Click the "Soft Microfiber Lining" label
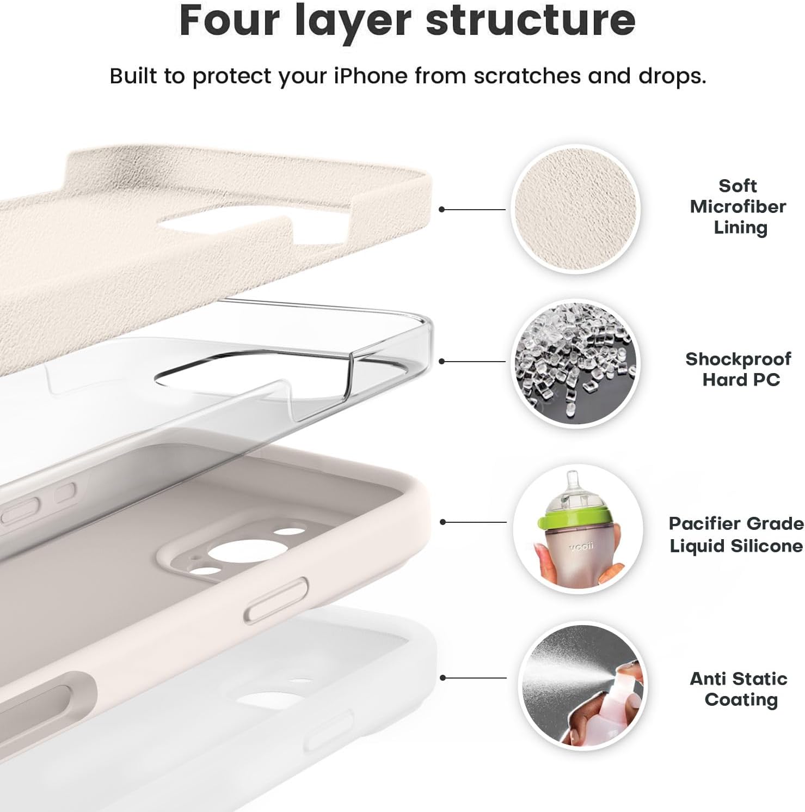click(x=738, y=206)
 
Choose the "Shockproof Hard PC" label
click(x=738, y=369)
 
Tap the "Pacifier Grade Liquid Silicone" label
click(x=736, y=534)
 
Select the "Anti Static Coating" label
click(x=739, y=689)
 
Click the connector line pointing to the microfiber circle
click(x=472, y=209)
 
